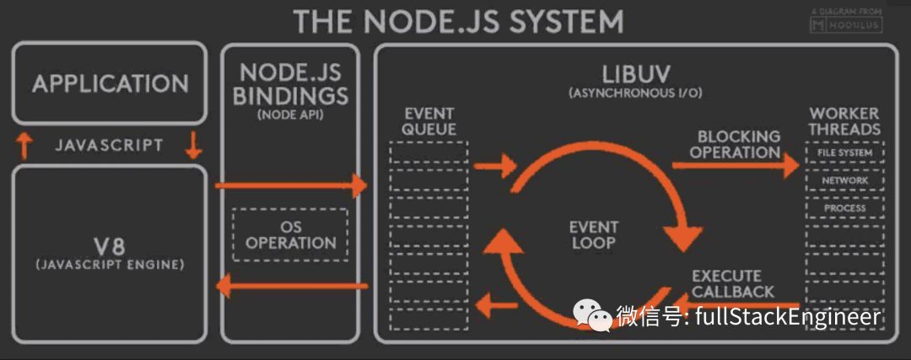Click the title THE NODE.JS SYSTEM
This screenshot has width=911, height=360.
tap(458, 20)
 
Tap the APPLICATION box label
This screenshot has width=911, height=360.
tap(110, 83)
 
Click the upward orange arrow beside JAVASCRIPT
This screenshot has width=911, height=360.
tap(24, 145)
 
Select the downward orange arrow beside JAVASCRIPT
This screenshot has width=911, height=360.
tap(194, 145)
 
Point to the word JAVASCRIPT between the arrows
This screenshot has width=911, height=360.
tap(109, 145)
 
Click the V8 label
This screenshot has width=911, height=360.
tap(110, 247)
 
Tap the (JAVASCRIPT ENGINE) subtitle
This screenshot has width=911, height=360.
tap(110, 265)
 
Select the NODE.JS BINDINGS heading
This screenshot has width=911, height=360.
tap(289, 83)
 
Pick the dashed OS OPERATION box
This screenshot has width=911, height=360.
tap(290, 234)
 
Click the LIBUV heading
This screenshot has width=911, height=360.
tap(635, 73)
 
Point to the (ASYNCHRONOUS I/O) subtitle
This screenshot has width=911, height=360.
tap(635, 92)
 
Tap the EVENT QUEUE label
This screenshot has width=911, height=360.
tap(429, 121)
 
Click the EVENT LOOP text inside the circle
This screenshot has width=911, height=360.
tap(593, 234)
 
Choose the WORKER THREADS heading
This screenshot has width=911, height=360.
tap(844, 121)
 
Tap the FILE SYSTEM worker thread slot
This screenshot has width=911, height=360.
tap(844, 153)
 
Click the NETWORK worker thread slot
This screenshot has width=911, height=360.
tap(844, 180)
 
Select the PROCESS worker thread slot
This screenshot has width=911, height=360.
tap(844, 207)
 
